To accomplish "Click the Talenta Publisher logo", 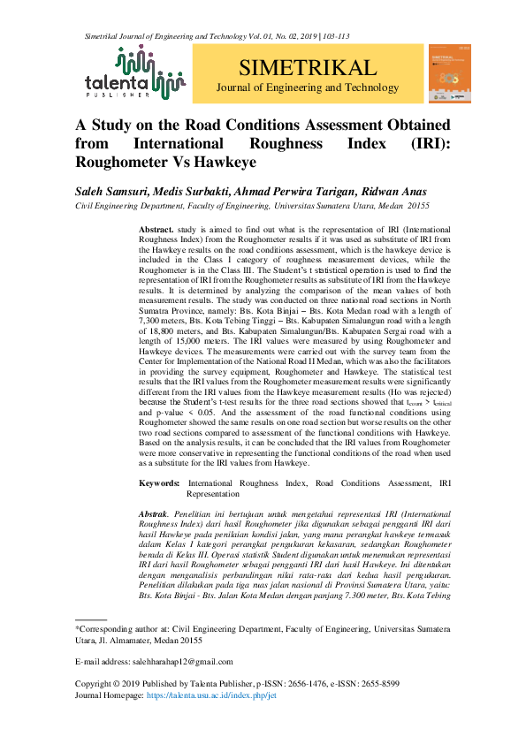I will [x=133, y=72].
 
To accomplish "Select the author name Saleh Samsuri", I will [x=111, y=191].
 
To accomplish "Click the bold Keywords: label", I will [x=162, y=484].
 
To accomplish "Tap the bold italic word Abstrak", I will [x=155, y=513].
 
